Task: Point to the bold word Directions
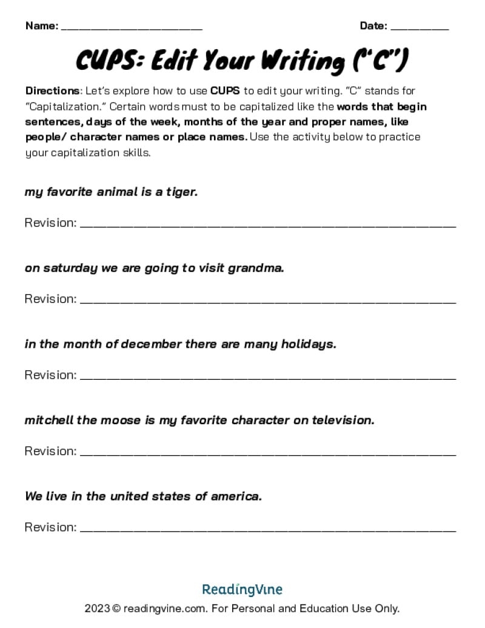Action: click(53, 91)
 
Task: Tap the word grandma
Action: click(256, 268)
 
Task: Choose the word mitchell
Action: click(49, 420)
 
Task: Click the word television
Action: click(343, 420)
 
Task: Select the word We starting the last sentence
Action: click(33, 496)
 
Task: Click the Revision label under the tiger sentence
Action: click(50, 223)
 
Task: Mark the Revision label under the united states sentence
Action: click(50, 527)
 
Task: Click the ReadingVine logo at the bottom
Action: click(242, 589)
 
